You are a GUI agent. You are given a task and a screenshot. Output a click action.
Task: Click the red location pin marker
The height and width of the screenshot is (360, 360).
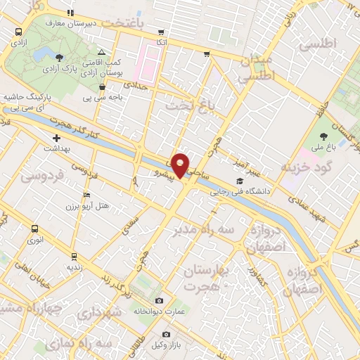pos(181,164)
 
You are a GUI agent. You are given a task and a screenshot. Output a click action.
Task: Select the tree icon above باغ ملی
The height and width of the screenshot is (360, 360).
pos(324,136)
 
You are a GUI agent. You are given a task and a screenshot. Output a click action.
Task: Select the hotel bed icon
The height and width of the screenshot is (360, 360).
pos(86,195)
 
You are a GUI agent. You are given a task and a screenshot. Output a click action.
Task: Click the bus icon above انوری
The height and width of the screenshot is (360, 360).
pos(35,229)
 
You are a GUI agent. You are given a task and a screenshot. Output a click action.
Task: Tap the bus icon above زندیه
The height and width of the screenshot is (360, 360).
pos(75,256)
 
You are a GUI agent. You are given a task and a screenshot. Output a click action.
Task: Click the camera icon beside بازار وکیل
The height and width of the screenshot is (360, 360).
pos(166,334)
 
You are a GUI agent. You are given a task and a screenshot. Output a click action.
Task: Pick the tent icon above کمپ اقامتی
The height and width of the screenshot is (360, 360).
pos(102,53)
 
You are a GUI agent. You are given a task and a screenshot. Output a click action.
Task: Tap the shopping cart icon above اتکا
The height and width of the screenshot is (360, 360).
pos(162,32)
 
